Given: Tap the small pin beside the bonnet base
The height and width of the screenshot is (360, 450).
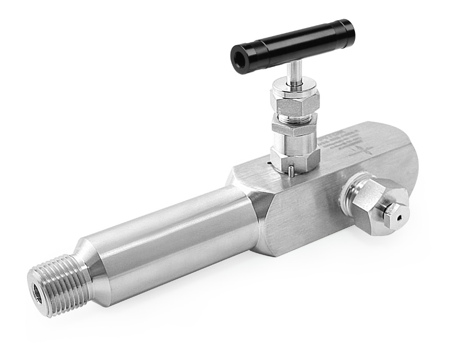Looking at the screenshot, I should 289,170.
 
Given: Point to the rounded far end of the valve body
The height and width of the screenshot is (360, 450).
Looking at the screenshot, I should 408,157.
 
